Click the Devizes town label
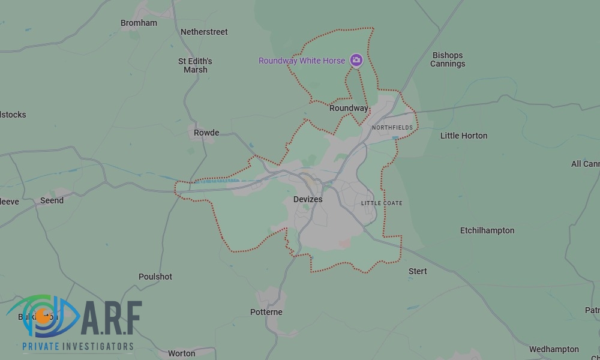(308, 199)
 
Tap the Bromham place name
(139, 23)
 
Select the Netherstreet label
(204, 32)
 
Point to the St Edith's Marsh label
(195, 65)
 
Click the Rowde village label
(206, 133)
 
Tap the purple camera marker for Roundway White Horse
(356, 60)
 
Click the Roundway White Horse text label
(302, 61)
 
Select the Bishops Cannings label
(448, 59)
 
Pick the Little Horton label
(464, 136)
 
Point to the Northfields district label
(392, 128)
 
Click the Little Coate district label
(382, 203)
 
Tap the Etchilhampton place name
(487, 230)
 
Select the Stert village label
(418, 271)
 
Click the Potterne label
(266, 312)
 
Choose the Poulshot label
(155, 277)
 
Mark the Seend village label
(52, 200)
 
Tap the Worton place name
(181, 353)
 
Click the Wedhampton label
(554, 349)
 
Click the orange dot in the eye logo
(43, 316)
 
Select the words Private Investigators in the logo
(78, 346)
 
